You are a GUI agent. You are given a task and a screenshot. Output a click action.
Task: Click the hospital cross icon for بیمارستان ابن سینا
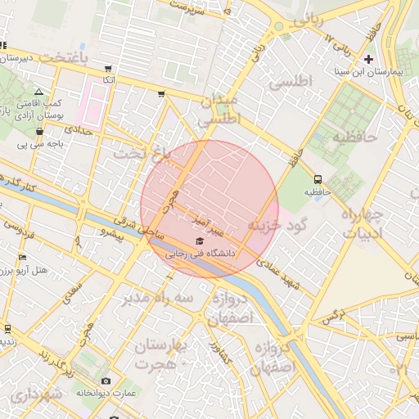point(367,59)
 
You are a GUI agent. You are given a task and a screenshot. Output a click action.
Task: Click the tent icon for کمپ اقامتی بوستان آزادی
point(38,92)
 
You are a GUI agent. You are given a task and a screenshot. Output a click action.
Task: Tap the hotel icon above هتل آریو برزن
point(21,258)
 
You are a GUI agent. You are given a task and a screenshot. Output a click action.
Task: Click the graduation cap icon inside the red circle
point(200,241)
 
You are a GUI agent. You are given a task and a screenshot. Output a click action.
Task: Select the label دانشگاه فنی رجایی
point(201,254)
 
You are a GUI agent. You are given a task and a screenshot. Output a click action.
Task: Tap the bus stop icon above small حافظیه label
point(317,179)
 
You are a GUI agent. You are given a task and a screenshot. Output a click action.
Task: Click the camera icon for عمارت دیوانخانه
point(106,381)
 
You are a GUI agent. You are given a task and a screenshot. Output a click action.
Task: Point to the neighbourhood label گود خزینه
point(277,223)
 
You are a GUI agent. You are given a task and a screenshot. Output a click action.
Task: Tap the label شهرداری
point(37,395)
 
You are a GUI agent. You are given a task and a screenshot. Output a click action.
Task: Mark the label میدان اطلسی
point(219,109)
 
